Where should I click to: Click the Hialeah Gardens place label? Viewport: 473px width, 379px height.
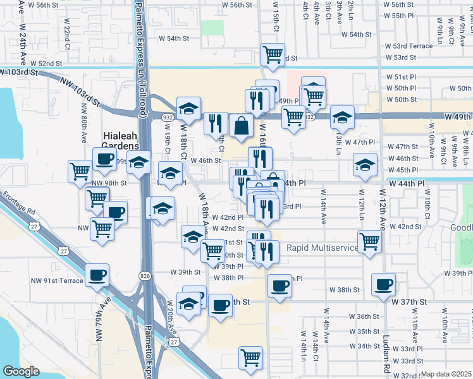(x=121, y=138)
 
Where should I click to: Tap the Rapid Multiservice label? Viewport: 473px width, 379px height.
(x=322, y=248)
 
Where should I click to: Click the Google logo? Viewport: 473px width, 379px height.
(x=20, y=371)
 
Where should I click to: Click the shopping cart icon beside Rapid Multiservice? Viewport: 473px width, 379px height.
(x=369, y=241)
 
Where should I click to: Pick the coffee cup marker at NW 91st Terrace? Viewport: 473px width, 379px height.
(x=97, y=275)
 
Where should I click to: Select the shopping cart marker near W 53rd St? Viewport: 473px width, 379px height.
(x=273, y=54)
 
